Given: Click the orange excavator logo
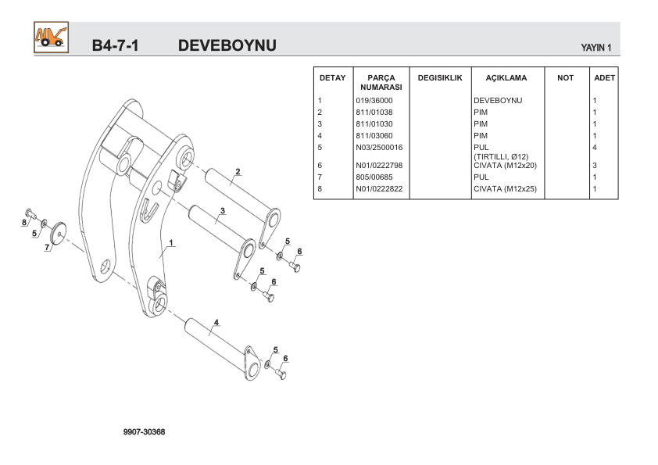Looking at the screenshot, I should (x=50, y=38).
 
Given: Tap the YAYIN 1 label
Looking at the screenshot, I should (x=595, y=48).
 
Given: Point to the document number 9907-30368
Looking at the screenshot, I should (x=144, y=432).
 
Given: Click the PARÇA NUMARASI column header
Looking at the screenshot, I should (x=381, y=83).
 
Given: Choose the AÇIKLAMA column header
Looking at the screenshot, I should (x=506, y=78).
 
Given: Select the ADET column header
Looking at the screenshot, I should (x=604, y=78).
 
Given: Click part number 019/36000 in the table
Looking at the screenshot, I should (x=374, y=101).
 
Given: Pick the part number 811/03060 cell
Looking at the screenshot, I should (x=374, y=136).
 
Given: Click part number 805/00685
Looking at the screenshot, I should (x=374, y=177).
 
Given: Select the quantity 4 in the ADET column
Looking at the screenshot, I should (x=595, y=148).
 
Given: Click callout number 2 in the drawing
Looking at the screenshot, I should (x=238, y=172).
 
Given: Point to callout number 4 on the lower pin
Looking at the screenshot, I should (x=216, y=322).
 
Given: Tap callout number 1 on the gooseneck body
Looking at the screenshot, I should (x=171, y=242).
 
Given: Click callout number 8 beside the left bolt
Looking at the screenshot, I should (x=24, y=223).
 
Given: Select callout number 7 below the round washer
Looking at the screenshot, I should (x=47, y=248).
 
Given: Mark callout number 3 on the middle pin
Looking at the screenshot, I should (x=223, y=211).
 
